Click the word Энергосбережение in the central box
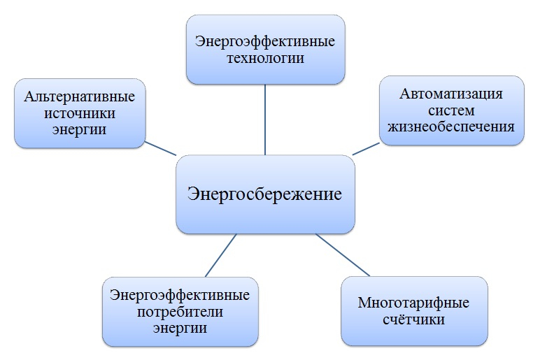[x=264, y=194]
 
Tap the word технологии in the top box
[x=265, y=58]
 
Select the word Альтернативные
[x=80, y=97]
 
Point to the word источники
[x=80, y=113]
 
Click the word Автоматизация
[x=451, y=94]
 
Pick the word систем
[x=451, y=110]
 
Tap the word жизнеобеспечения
[x=451, y=127]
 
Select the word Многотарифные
[x=413, y=303]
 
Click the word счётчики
[x=413, y=319]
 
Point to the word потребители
[x=180, y=312]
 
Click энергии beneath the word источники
[x=79, y=130]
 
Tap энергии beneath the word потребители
[x=180, y=328]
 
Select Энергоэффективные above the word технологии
[x=265, y=42]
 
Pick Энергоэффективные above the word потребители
[x=180, y=295]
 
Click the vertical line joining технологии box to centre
[x=265, y=120]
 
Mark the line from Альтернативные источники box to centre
[x=160, y=148]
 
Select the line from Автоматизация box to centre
[x=366, y=149]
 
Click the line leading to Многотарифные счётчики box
[x=343, y=254]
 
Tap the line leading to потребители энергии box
[x=221, y=255]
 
